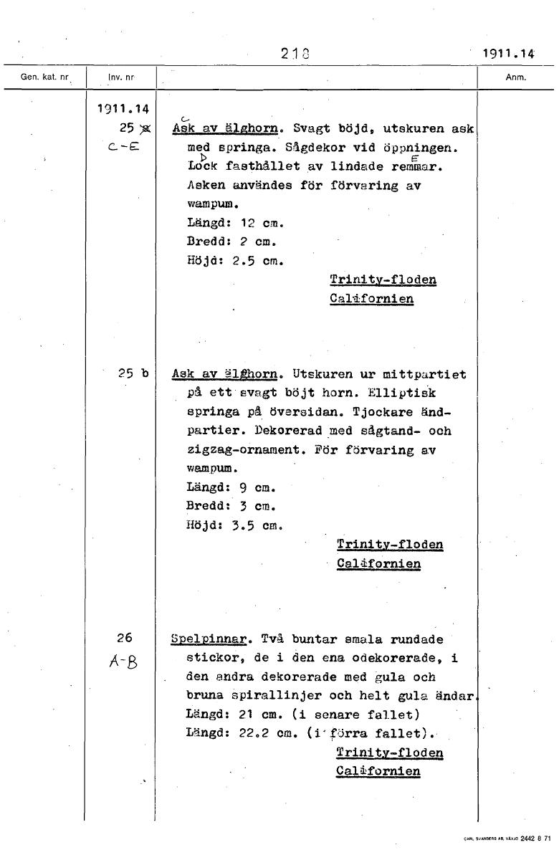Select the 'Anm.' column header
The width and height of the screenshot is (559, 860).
click(x=517, y=76)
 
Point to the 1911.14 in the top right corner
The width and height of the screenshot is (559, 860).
click(x=508, y=52)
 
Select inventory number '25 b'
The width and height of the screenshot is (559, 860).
click(x=133, y=373)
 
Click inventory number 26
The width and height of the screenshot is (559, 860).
click(x=125, y=639)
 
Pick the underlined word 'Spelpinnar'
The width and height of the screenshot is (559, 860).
click(x=210, y=639)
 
